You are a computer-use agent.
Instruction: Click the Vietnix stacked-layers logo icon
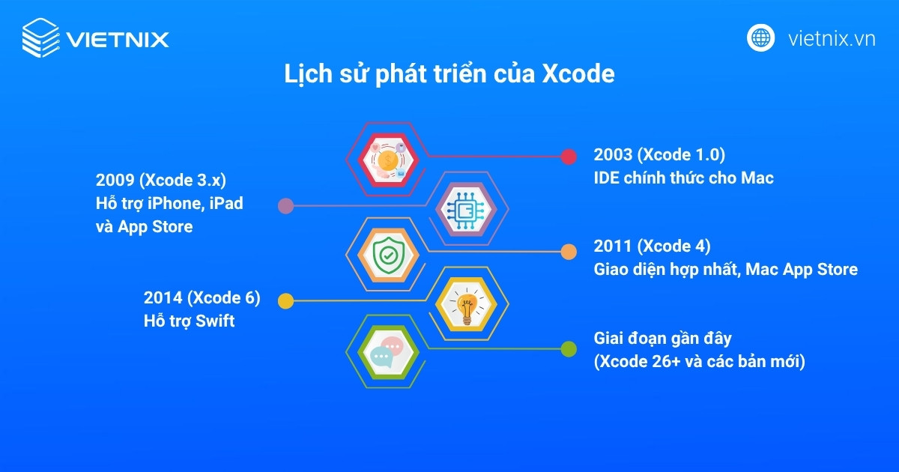click(x=40, y=37)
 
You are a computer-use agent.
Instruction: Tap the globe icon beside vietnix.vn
click(x=760, y=37)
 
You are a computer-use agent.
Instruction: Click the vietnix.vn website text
click(x=832, y=38)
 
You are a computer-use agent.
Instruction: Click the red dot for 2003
click(x=569, y=156)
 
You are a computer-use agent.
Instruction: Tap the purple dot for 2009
click(x=285, y=205)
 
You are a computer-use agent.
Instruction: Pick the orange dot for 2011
click(x=569, y=251)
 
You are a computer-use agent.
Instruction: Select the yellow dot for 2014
click(x=285, y=300)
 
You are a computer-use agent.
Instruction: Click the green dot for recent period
click(x=569, y=348)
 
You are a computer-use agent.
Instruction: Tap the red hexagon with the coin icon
click(x=388, y=156)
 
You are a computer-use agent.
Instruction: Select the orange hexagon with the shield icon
click(x=388, y=253)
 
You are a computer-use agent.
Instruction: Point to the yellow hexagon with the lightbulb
click(x=464, y=300)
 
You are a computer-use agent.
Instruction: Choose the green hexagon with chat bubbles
click(x=388, y=349)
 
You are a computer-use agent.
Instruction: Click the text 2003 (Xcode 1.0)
click(x=659, y=155)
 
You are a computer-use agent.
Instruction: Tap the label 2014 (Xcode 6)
click(x=202, y=297)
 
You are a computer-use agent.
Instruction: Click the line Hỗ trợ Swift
click(x=190, y=321)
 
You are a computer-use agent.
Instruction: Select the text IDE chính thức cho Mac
click(x=683, y=178)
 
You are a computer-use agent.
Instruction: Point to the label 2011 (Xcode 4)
click(x=652, y=246)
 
